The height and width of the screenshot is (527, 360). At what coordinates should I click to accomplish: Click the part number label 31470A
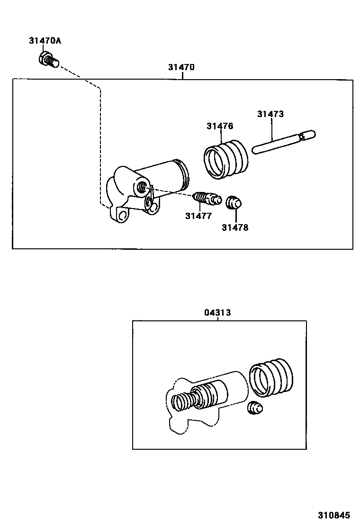(45, 41)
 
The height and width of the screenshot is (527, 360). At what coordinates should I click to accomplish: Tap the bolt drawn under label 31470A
(47, 61)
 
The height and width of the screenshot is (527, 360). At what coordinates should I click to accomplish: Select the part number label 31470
(181, 67)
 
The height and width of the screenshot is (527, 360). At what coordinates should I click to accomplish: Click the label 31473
(270, 114)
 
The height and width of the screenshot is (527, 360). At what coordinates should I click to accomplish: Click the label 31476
(220, 126)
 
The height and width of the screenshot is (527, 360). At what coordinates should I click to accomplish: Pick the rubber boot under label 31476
(225, 159)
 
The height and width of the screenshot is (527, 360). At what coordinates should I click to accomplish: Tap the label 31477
(198, 216)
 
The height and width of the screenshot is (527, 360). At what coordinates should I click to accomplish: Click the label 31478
(235, 227)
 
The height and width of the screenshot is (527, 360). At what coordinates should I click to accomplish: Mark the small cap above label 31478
(233, 202)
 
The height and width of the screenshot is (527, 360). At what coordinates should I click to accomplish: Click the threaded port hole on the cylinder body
(142, 187)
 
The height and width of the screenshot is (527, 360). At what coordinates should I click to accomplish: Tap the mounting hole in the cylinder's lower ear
(123, 215)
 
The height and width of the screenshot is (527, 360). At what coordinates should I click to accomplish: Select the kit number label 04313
(218, 313)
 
